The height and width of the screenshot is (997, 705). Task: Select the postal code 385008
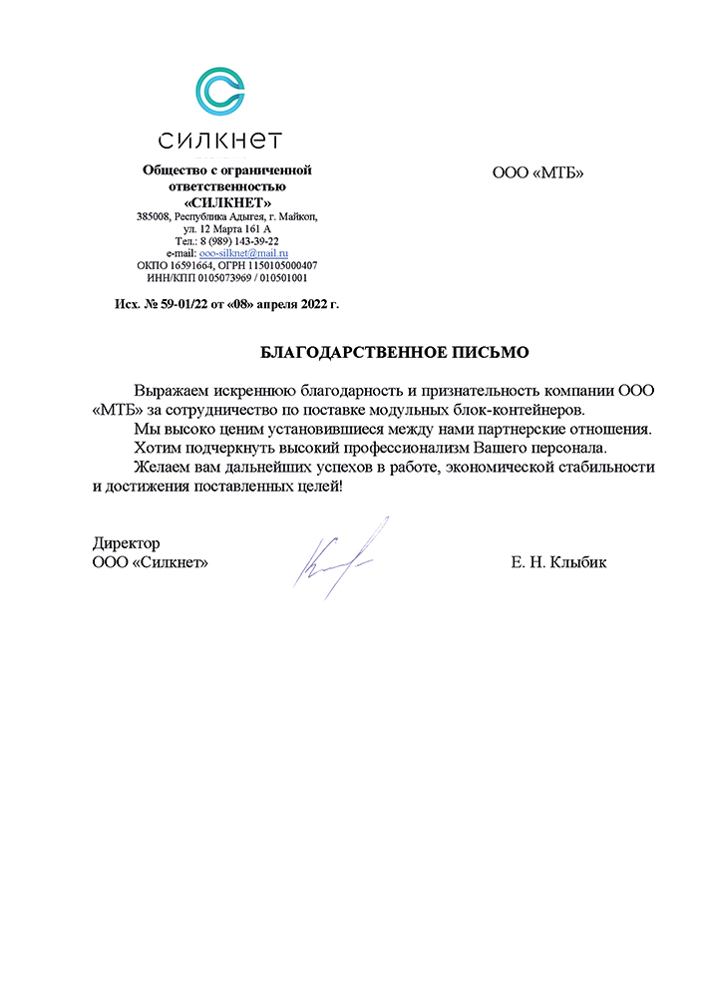(x=155, y=215)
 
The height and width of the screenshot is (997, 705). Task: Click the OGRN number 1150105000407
(x=279, y=266)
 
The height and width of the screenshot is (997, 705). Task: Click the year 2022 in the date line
(x=314, y=303)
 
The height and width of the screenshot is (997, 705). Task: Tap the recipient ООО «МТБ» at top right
(x=537, y=173)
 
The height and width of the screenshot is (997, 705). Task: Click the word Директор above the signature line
(x=126, y=543)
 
